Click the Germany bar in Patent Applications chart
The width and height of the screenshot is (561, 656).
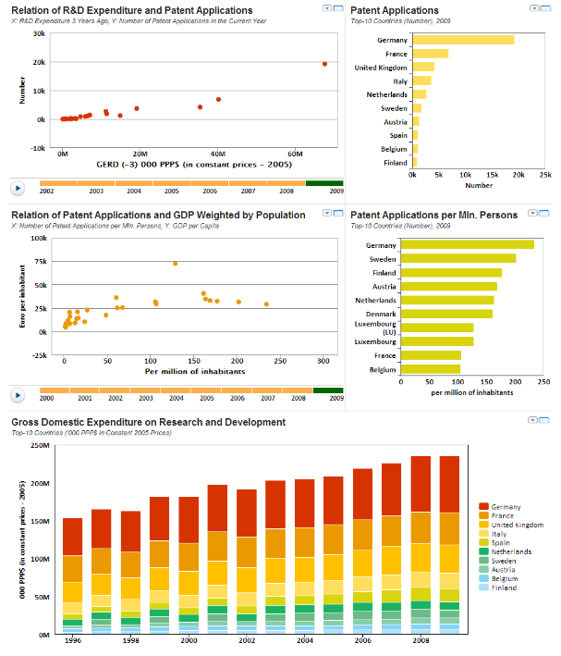(462, 40)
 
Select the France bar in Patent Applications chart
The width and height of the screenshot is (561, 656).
(430, 54)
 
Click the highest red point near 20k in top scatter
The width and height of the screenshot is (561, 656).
(324, 64)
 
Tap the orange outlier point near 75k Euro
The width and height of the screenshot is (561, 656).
(175, 264)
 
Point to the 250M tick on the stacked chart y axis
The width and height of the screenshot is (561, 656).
(39, 445)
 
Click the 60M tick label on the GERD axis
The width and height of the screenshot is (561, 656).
(296, 154)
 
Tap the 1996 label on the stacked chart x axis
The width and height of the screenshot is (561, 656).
(72, 640)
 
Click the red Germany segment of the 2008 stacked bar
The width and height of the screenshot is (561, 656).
(419, 484)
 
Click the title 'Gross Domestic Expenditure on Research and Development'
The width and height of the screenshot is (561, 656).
(148, 422)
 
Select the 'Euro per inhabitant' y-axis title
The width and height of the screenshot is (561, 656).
(21, 284)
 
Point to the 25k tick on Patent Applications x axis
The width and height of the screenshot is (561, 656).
(545, 174)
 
